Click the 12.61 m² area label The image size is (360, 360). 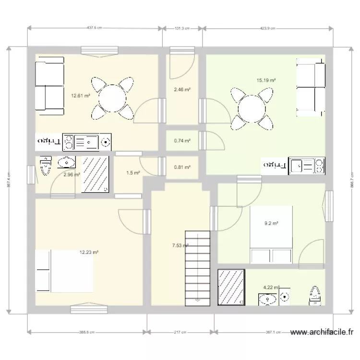80,96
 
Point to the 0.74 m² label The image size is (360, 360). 182,141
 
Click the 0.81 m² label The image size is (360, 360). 182,168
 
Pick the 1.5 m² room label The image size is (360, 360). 133,173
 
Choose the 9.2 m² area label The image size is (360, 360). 272,223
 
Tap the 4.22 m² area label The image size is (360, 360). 271,288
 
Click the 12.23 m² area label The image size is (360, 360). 89,252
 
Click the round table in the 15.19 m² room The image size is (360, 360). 250,109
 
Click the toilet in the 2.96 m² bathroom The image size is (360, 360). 46,165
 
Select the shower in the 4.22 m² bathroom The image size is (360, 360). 232,287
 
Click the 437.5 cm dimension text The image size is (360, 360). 95,28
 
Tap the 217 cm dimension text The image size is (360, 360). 181,332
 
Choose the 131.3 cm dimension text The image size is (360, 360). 182,28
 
